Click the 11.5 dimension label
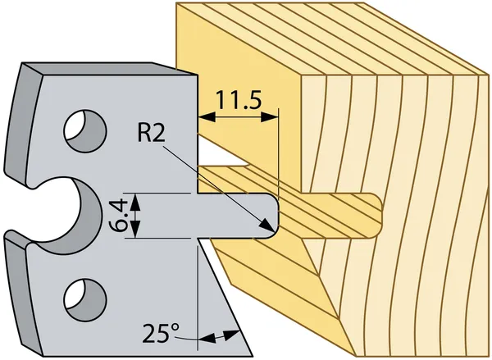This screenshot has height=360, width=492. point(239,101)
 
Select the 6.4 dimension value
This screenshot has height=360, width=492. point(118,215)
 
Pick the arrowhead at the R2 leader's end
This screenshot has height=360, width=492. point(268,225)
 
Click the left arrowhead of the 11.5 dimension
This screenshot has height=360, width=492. point(204,117)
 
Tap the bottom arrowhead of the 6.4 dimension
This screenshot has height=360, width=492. point(137,232)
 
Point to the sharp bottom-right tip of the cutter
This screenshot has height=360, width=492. point(239,349)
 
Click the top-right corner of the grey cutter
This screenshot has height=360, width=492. point(198,77)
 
